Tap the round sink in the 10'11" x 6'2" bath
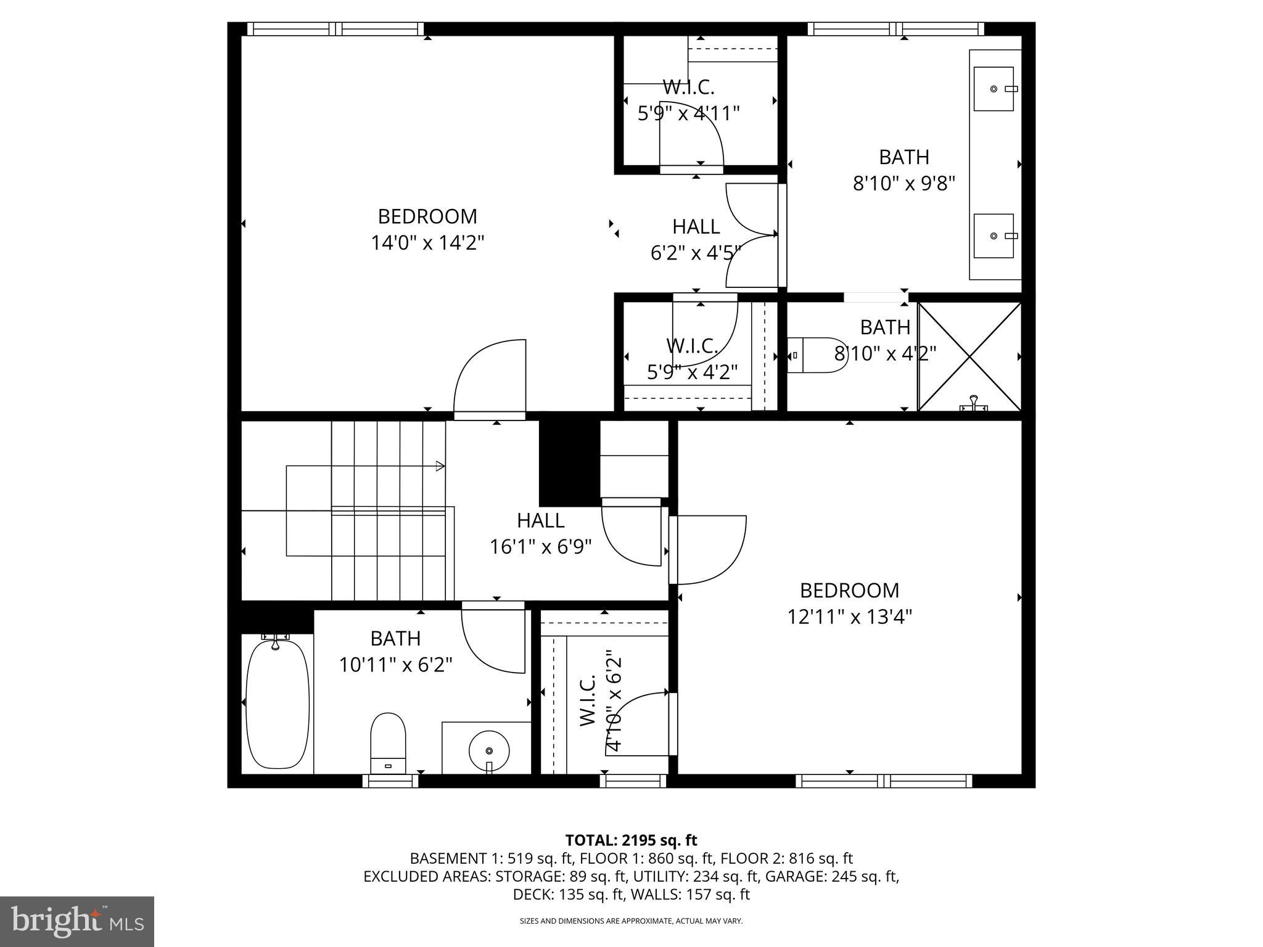click(x=489, y=750)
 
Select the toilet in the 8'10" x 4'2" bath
click(x=818, y=355)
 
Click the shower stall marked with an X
click(x=969, y=356)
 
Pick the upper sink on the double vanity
click(x=994, y=89)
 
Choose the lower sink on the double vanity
click(x=994, y=236)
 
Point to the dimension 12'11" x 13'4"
click(x=849, y=617)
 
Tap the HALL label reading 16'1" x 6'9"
click(x=540, y=534)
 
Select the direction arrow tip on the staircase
click(x=440, y=466)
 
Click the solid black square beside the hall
click(x=569, y=462)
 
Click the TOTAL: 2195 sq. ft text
click(x=631, y=840)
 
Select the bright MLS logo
click(x=77, y=921)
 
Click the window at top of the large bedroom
click(x=335, y=28)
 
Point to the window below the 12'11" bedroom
click(x=884, y=781)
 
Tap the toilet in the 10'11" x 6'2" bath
click(x=388, y=742)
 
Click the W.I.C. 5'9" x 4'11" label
click(x=688, y=100)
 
